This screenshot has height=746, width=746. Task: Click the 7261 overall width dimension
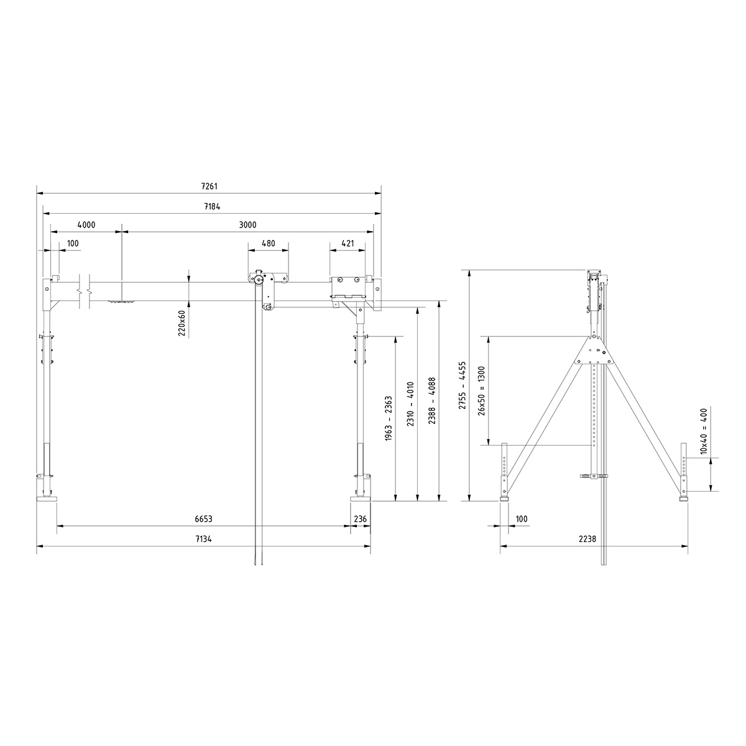pos(209,186)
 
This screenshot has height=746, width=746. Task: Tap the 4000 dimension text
pos(86,224)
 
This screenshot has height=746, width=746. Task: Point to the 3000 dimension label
pos(247,224)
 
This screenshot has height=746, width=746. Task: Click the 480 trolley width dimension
pos(268,244)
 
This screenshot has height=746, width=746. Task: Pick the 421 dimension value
pos(348,244)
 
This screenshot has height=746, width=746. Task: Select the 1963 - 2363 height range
pos(389,418)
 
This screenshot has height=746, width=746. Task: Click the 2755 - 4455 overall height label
pos(462,385)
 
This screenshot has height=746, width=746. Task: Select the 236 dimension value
pos(360,518)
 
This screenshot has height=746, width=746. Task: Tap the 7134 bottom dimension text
pos(203,539)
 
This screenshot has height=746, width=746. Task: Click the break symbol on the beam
pos(85,290)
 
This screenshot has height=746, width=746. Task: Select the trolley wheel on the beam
pos(257,281)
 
